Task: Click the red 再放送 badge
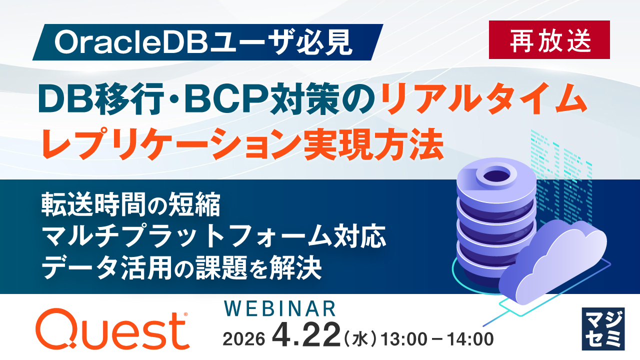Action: [x=549, y=39]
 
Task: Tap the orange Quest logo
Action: [x=112, y=329]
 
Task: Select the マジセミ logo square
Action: [x=603, y=329]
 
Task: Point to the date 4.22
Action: [x=306, y=335]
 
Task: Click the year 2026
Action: [x=244, y=339]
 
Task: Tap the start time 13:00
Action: [x=403, y=339]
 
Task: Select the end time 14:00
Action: [x=470, y=339]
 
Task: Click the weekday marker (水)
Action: [x=360, y=339]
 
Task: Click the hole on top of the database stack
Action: [x=497, y=174]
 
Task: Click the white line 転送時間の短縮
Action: [x=131, y=204]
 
